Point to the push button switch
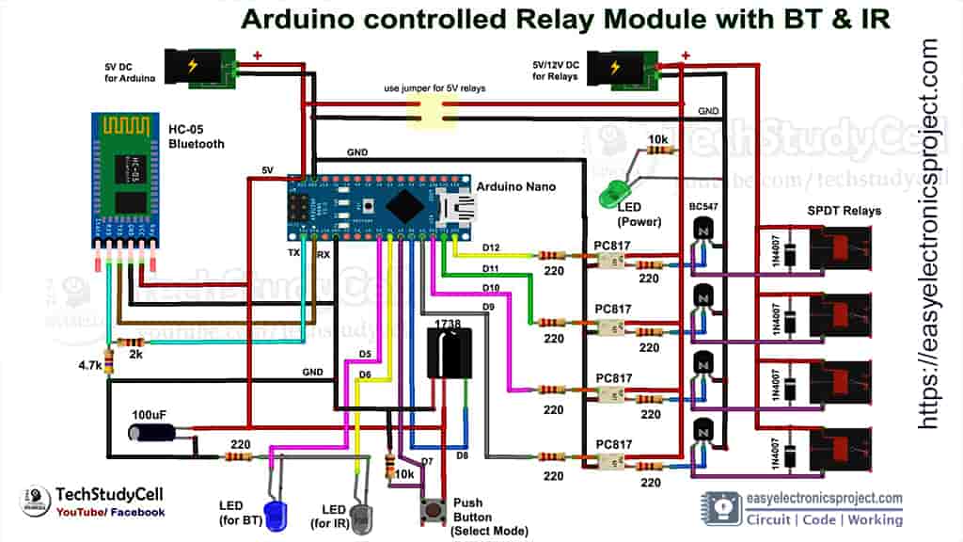tap(434, 509)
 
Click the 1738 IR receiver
tap(450, 352)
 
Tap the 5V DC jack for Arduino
tap(198, 69)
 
